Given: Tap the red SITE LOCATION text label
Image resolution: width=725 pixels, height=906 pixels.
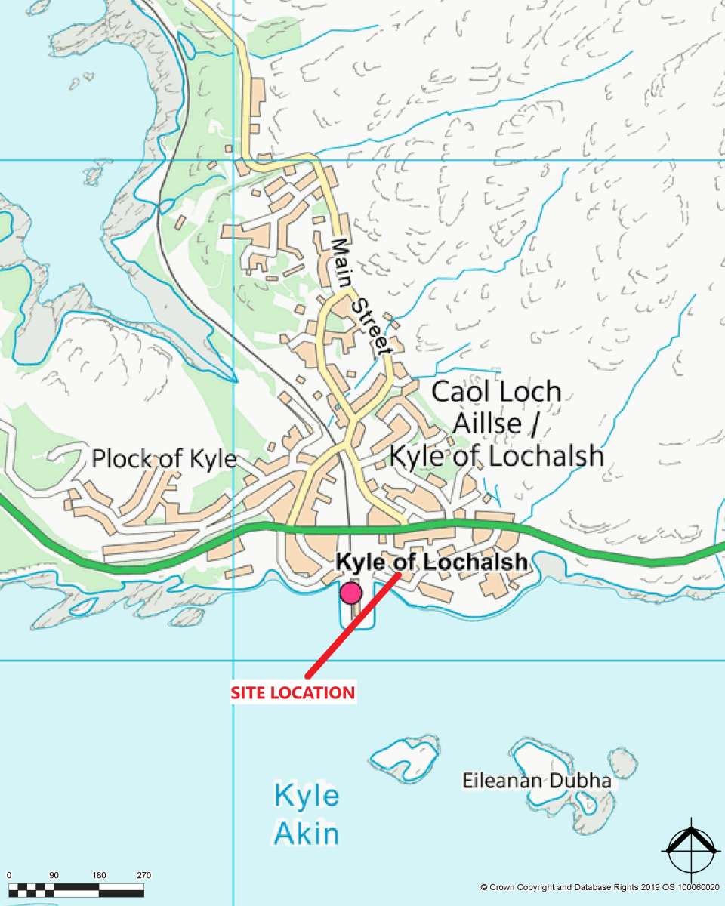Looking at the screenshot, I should pyautogui.click(x=292, y=692).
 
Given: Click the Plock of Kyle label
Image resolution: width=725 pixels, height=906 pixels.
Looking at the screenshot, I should pyautogui.click(x=164, y=459).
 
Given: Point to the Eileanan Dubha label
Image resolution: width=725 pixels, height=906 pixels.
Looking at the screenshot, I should pyautogui.click(x=537, y=781).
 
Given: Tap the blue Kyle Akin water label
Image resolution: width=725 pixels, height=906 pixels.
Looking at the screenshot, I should pyautogui.click(x=306, y=815).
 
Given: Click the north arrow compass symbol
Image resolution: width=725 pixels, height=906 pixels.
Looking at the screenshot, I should pyautogui.click(x=690, y=849).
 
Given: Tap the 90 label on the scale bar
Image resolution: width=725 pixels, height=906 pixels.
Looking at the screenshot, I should pyautogui.click(x=54, y=876).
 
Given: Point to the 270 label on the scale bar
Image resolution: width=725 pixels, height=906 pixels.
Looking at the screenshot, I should pyautogui.click(x=143, y=876).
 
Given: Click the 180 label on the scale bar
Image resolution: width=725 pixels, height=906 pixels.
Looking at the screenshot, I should pyautogui.click(x=99, y=876).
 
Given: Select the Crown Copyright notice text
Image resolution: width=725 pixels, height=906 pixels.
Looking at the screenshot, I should pyautogui.click(x=600, y=887).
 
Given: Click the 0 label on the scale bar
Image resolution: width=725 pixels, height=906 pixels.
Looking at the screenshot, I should pyautogui.click(x=9, y=876).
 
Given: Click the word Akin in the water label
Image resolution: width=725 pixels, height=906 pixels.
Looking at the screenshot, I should pyautogui.click(x=306, y=834).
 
